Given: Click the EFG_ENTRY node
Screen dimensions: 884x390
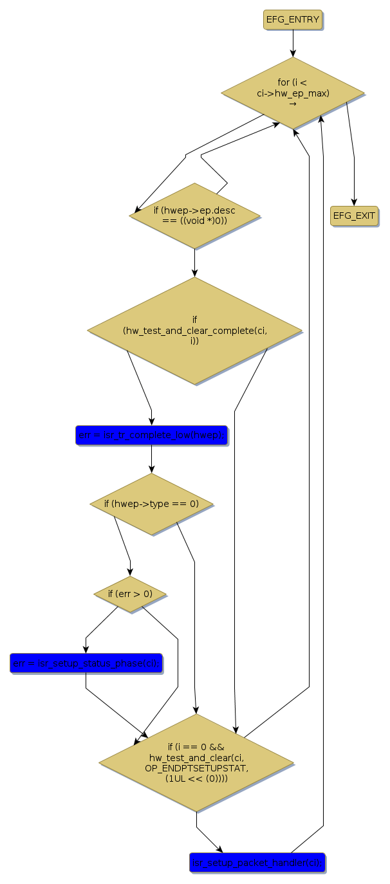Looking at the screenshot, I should tap(293, 20).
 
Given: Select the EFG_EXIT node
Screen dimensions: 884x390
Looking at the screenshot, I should tap(354, 216).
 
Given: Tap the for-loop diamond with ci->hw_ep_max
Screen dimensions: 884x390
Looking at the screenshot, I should tap(293, 93).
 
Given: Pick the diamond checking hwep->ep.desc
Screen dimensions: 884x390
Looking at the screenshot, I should tap(194, 216).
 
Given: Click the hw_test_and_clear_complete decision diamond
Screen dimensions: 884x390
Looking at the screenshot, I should tap(194, 331).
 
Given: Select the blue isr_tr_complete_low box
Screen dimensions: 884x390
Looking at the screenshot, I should tap(151, 436).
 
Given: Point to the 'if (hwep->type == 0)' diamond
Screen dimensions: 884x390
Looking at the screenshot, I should tap(151, 504).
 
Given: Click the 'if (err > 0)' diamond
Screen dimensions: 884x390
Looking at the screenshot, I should tap(130, 594).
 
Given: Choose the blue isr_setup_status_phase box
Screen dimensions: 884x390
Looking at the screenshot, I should tap(86, 663).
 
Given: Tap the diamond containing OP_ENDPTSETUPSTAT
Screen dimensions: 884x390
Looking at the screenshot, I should tap(196, 762).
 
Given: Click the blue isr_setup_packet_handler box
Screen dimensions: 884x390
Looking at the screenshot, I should tap(257, 862).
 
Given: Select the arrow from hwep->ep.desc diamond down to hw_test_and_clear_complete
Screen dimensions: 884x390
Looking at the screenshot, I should tap(194, 262).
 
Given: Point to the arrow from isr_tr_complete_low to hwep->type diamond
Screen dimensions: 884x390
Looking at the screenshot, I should tap(151, 459).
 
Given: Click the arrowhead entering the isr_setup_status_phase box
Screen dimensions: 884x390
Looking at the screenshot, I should tap(86, 649).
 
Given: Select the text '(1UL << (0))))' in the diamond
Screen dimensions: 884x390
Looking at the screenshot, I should tap(196, 778).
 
